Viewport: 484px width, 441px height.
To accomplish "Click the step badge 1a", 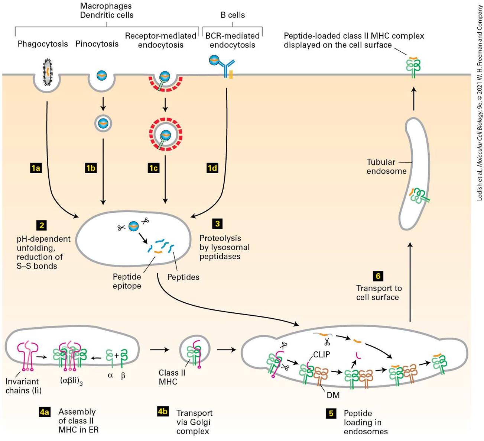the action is (x=36, y=168).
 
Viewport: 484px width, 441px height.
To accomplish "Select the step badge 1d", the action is (x=212, y=168).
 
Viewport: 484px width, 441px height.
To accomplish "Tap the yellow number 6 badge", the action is (x=378, y=276).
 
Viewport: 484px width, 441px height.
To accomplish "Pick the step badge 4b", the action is (x=163, y=411).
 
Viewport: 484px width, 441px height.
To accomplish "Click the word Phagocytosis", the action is (x=43, y=44).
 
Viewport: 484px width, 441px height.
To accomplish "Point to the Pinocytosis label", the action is (x=97, y=44).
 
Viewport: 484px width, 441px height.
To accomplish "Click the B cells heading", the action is (x=233, y=15).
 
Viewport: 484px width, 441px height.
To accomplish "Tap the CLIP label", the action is (x=321, y=354).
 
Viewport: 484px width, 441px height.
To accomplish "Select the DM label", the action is (x=333, y=395).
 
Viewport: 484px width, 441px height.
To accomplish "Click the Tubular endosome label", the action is (x=386, y=167).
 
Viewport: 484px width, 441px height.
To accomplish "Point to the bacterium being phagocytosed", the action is (x=48, y=72).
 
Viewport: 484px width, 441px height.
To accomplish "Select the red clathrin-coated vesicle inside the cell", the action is (x=165, y=134).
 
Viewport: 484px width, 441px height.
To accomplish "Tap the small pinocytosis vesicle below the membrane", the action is (x=103, y=123).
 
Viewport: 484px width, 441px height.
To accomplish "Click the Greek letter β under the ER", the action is (x=123, y=376).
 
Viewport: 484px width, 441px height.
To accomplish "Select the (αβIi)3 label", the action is (x=71, y=381).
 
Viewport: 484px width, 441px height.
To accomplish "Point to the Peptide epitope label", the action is (x=127, y=281).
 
